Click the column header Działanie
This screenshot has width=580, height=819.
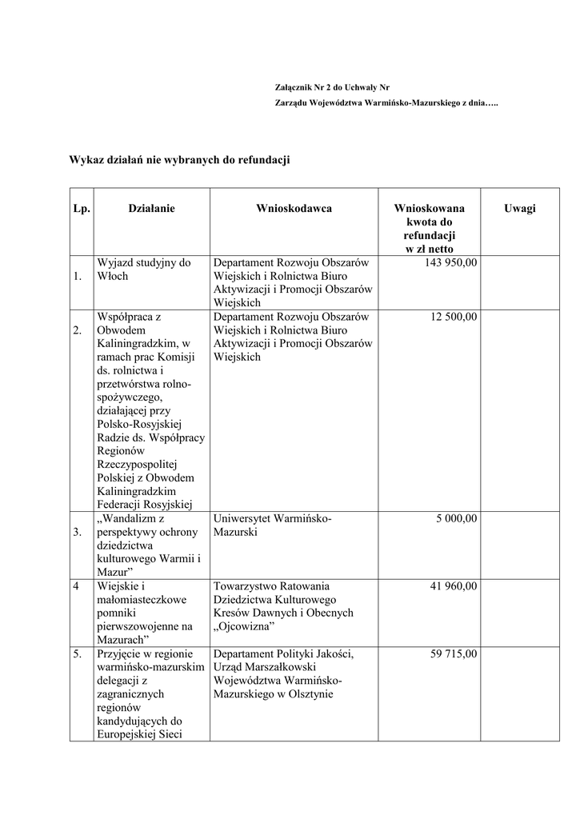151,209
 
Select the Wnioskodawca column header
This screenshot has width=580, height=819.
294,209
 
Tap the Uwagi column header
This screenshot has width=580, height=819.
520,209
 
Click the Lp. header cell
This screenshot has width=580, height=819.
81,209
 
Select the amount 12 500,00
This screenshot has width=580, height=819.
454,317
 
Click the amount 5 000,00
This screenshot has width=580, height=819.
456,518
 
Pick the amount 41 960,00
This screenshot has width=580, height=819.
454,586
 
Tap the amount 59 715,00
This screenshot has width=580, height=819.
454,654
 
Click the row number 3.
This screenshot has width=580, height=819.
77,532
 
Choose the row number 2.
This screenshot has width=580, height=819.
77,330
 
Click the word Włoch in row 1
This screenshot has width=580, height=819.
112,276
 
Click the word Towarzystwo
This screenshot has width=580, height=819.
246,586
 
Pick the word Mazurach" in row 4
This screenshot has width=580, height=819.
122,641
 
